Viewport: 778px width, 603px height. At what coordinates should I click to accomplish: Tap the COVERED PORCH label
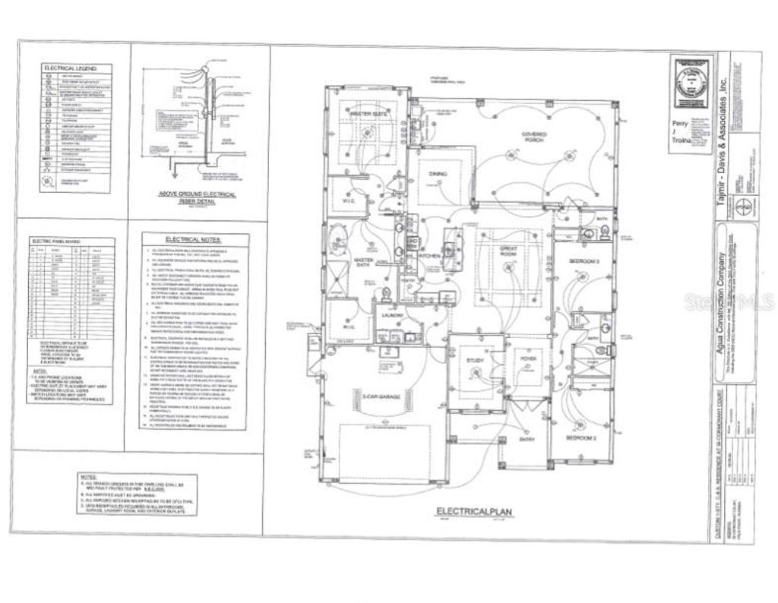pyautogui.click(x=535, y=137)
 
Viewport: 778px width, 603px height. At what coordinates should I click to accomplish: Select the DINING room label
pyautogui.click(x=438, y=174)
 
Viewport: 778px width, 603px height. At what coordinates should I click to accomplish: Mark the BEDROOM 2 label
pyautogui.click(x=581, y=439)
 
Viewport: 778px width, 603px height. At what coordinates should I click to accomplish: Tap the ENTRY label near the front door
pyautogui.click(x=527, y=439)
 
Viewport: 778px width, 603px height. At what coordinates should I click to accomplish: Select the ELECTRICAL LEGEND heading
pyautogui.click(x=75, y=68)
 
